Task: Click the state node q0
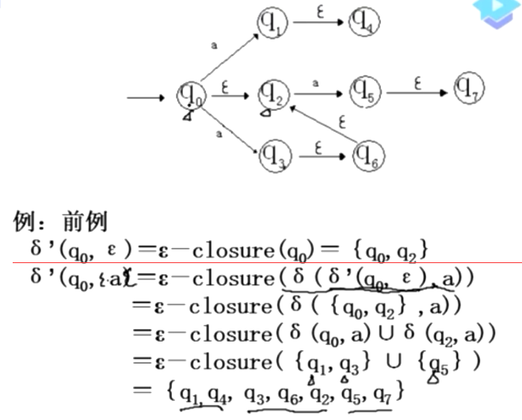coord(191,97)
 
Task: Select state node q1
coord(272,25)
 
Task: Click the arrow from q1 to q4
coord(319,23)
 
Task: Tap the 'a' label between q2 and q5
coord(316,82)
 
